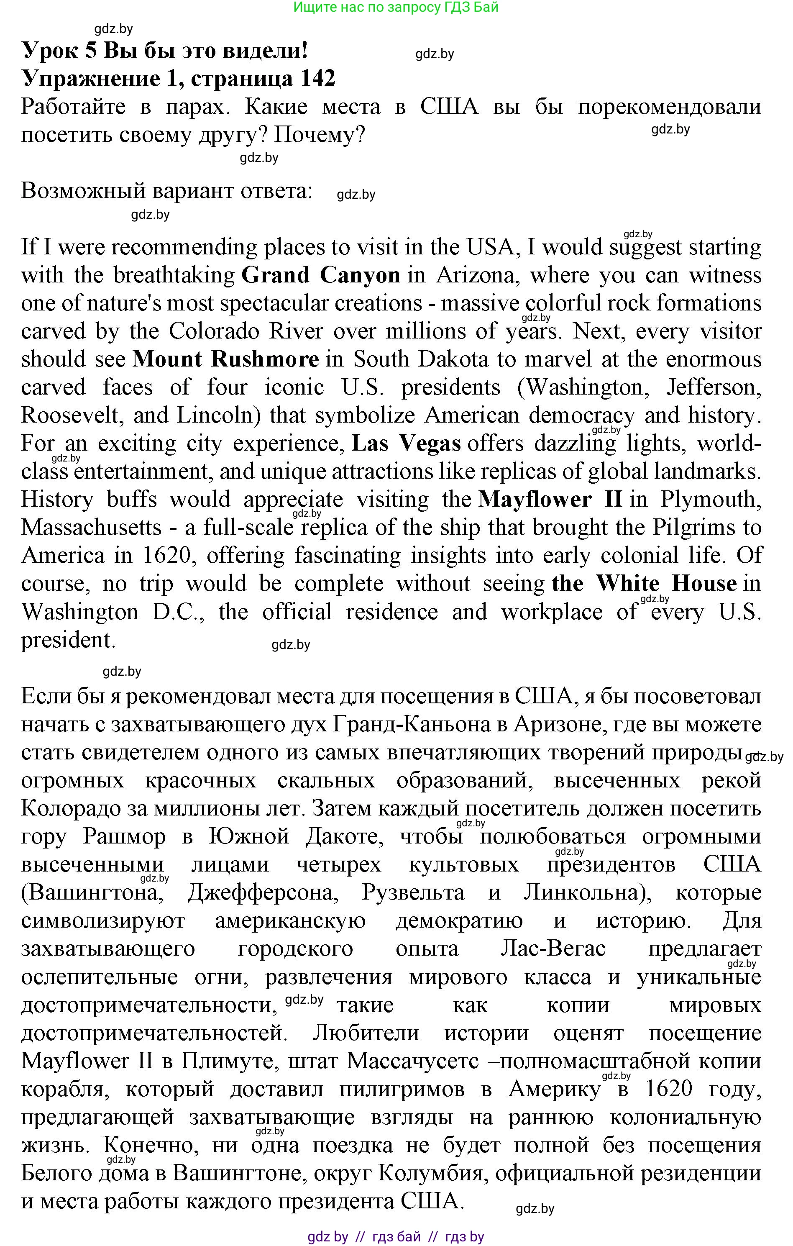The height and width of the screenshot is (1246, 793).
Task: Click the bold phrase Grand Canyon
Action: point(321,275)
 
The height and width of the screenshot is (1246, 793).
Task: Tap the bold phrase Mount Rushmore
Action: point(225,359)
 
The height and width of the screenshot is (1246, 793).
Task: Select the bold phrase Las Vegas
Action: point(406,444)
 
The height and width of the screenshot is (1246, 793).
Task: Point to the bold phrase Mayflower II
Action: point(550,499)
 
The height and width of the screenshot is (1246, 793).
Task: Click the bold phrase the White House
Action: point(644,584)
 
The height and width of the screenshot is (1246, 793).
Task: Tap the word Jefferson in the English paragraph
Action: point(714,387)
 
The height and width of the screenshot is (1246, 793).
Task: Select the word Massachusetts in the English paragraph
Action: point(92,527)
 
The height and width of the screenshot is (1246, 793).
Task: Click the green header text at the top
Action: point(396,7)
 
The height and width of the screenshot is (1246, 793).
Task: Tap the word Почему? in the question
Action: point(319,135)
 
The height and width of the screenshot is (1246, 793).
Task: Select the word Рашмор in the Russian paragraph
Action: point(124,837)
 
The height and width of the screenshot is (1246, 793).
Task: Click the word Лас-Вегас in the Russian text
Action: point(553,949)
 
